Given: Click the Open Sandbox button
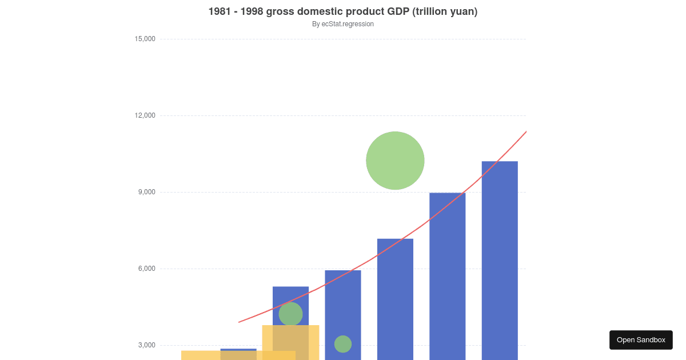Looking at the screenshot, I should click(x=641, y=340).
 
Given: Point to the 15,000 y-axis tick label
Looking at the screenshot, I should click(x=145, y=39).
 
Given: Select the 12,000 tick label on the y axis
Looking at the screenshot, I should click(x=145, y=115).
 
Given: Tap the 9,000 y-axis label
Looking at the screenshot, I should click(x=147, y=192).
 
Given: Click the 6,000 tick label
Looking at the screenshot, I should click(x=147, y=269).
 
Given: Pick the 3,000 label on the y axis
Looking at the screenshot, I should click(x=147, y=345).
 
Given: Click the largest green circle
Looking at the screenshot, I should click(x=395, y=161).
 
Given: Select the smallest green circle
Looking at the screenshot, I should click(x=343, y=344).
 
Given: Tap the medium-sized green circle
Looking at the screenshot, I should click(x=290, y=314).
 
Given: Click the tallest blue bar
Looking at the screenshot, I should click(x=500, y=257).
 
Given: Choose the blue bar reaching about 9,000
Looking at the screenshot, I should click(x=447, y=274).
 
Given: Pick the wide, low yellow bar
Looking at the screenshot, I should click(x=200, y=355).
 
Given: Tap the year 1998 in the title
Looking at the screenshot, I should click(x=247, y=11).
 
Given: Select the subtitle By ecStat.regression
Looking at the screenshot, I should click(x=343, y=24).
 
